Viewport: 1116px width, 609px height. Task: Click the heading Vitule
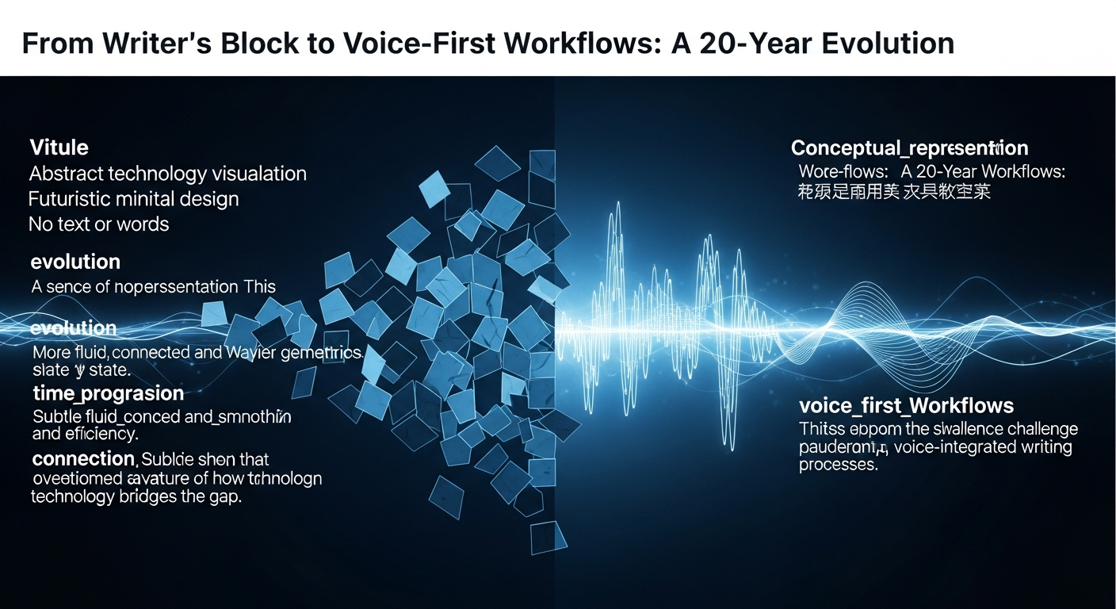click(59, 147)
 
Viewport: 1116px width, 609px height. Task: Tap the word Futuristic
click(73, 198)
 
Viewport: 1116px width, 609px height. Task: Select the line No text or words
click(98, 224)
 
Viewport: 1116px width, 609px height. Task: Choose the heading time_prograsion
click(108, 393)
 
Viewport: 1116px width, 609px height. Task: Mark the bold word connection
click(83, 459)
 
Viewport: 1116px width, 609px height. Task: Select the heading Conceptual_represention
click(909, 148)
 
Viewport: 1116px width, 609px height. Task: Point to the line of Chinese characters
click(894, 191)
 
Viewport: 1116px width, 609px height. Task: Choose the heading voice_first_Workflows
click(906, 406)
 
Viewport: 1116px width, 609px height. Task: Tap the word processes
click(838, 465)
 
